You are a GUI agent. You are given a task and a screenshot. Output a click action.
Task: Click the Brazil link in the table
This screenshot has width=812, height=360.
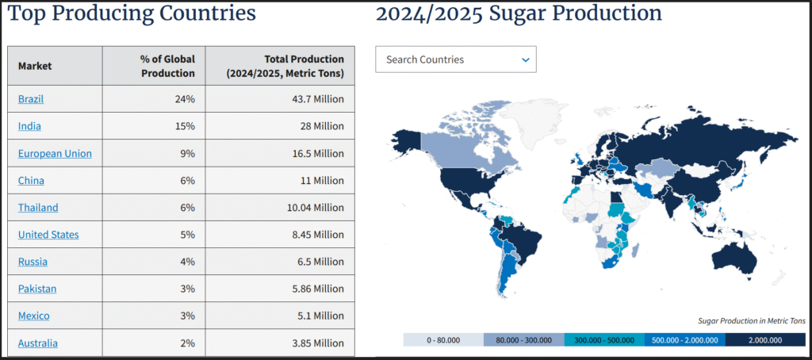pyautogui.click(x=31, y=99)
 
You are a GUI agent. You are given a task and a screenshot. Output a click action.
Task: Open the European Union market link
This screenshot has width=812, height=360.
pyautogui.click(x=55, y=153)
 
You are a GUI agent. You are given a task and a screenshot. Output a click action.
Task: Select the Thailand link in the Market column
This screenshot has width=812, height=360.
pyautogui.click(x=38, y=208)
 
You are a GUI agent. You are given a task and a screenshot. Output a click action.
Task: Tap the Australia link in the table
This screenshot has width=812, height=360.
pyautogui.click(x=37, y=343)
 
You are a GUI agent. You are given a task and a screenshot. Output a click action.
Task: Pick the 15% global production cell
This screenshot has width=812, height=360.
pyautogui.click(x=186, y=126)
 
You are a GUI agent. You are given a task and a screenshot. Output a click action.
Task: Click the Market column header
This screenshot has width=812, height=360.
pyautogui.click(x=35, y=66)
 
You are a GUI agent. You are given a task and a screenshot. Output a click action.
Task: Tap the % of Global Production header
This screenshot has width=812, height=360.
pyautogui.click(x=167, y=66)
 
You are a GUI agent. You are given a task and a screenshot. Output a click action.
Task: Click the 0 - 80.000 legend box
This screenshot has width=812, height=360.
pyautogui.click(x=443, y=340)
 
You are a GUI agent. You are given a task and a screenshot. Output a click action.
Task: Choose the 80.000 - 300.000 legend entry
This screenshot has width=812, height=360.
pyautogui.click(x=524, y=340)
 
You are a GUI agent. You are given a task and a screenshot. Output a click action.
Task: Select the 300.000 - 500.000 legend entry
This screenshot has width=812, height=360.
pyautogui.click(x=604, y=340)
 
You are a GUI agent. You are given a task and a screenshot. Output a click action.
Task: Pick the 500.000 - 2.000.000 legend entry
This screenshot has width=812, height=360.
pyautogui.click(x=684, y=340)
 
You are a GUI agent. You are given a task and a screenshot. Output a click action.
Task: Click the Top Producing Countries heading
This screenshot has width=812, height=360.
pyautogui.click(x=132, y=13)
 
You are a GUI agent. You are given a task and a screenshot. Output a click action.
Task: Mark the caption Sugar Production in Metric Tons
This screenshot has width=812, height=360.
pyautogui.click(x=751, y=320)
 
